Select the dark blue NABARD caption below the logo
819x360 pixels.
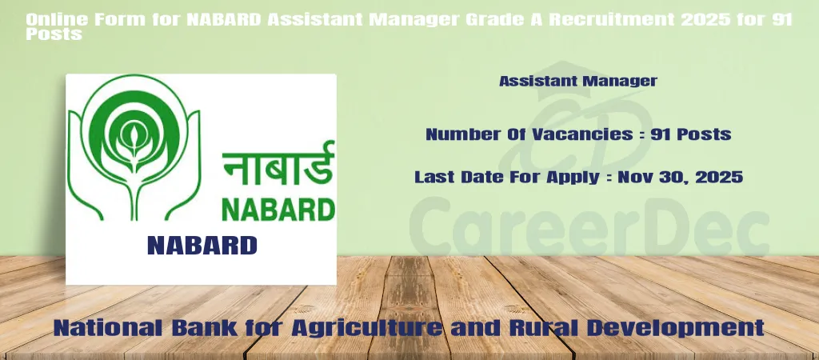coord(202,245)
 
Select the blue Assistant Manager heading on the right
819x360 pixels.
coord(578,81)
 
